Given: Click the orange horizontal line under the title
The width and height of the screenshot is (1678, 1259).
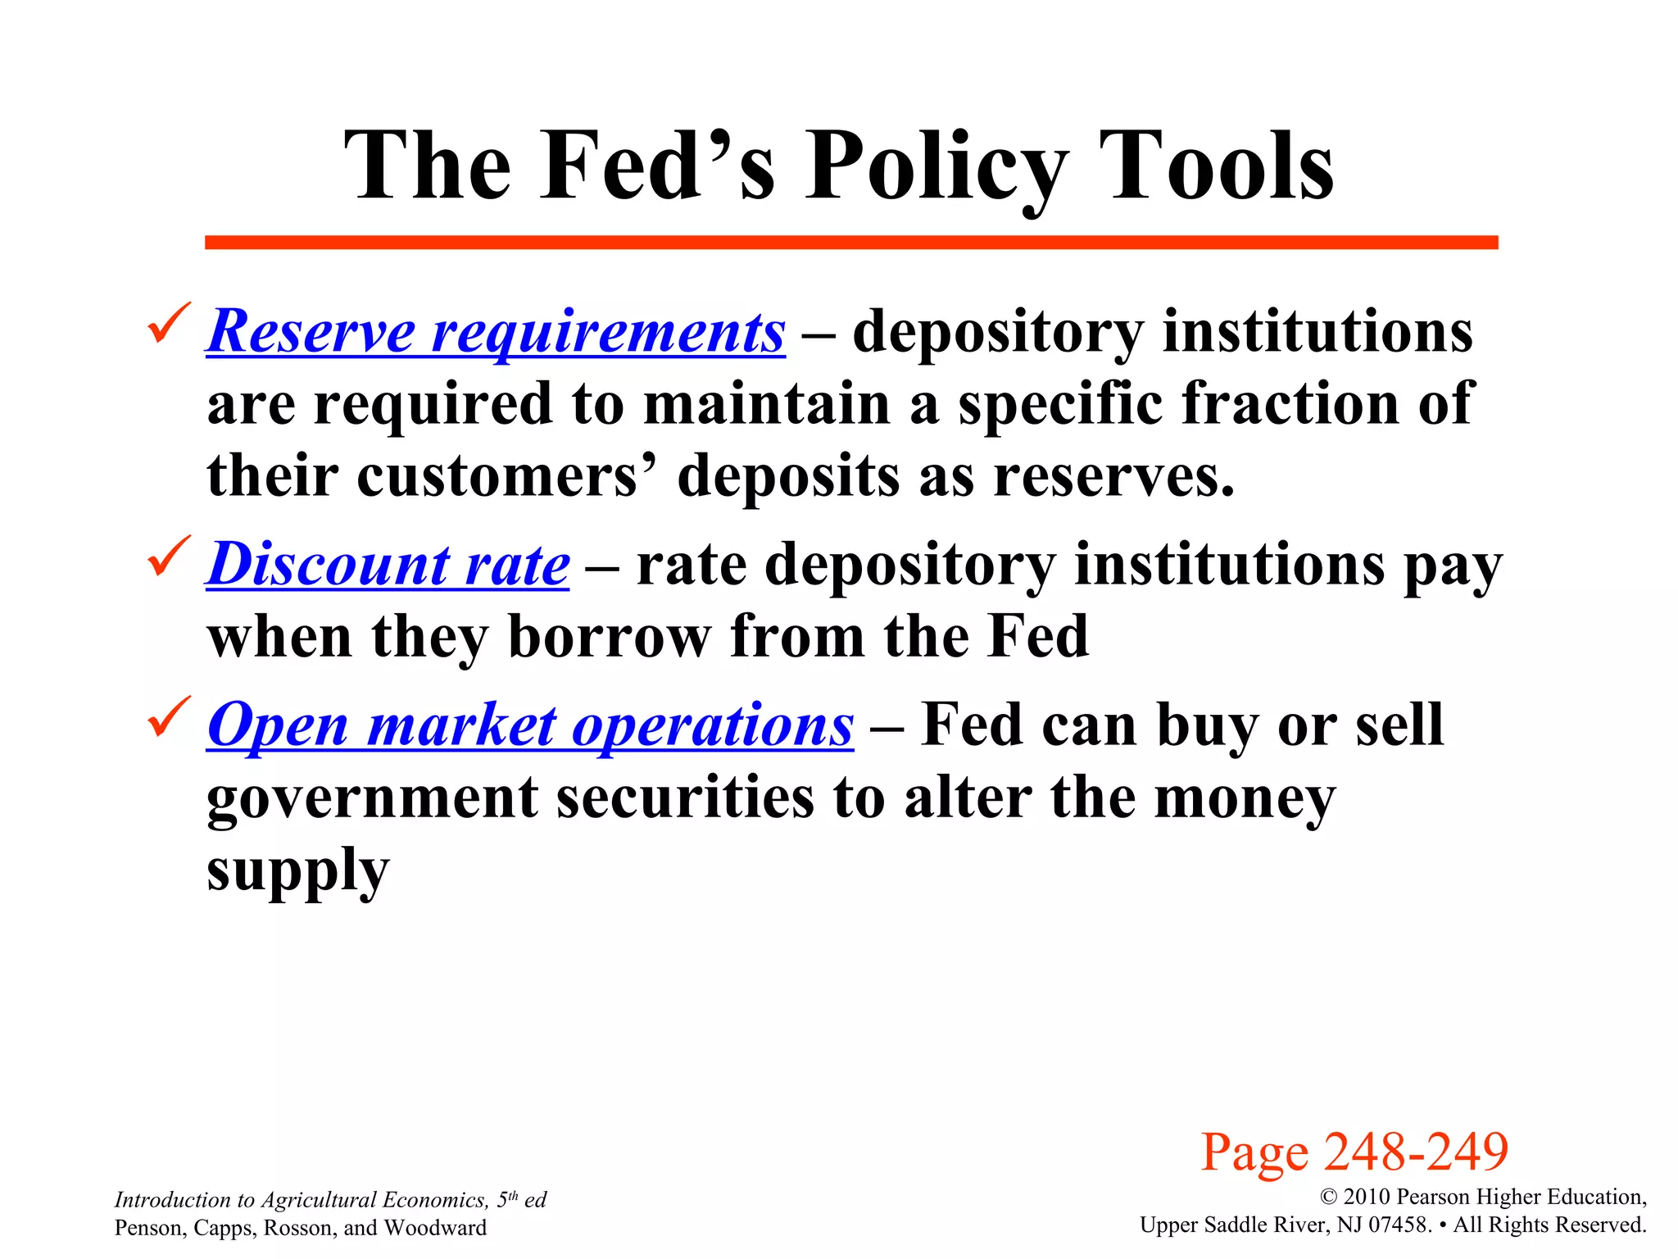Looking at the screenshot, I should (x=850, y=243).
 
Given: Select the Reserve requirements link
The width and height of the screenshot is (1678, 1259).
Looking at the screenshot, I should (x=496, y=332).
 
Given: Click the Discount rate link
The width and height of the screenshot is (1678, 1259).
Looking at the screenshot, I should (x=388, y=565).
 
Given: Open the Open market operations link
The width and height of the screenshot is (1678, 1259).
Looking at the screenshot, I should (x=530, y=725).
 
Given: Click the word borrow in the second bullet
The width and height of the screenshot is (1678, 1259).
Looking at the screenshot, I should (x=610, y=637).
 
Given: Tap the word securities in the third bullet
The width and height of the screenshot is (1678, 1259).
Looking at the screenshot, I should (x=685, y=798).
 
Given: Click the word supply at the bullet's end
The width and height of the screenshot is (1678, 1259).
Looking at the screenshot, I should (x=297, y=872).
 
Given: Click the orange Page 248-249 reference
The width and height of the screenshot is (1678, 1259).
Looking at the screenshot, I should (x=1354, y=1152).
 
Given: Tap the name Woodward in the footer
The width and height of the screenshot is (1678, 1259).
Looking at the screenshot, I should (x=435, y=1228).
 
